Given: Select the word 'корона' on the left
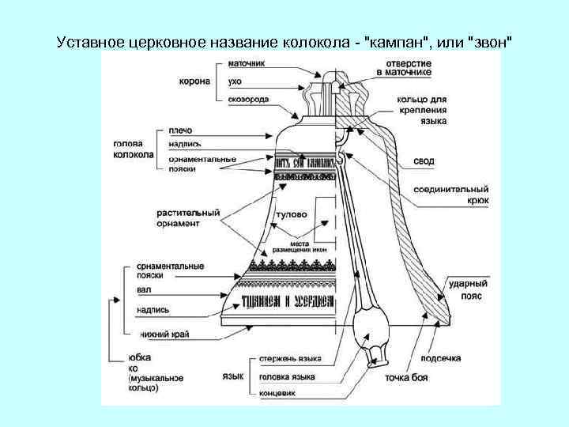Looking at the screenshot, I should point(194,80).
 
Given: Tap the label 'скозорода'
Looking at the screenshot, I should point(249,100).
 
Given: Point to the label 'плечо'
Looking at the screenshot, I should point(180,130).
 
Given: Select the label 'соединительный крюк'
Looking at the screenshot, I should point(450,195).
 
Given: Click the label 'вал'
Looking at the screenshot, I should point(144,291).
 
